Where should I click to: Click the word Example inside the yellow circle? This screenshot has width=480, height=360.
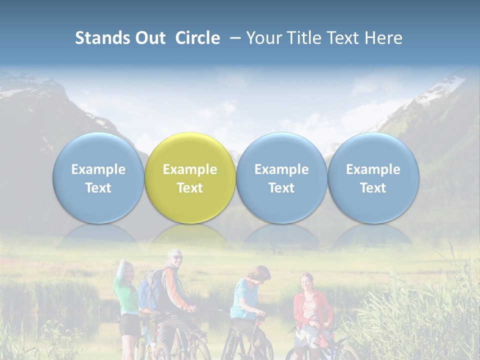pyautogui.click(x=190, y=169)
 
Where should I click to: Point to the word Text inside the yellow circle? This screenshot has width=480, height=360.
pyautogui.click(x=190, y=188)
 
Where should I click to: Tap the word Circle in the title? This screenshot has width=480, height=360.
pyautogui.click(x=197, y=38)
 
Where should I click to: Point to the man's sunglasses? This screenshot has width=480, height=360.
pyautogui.click(x=177, y=257)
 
